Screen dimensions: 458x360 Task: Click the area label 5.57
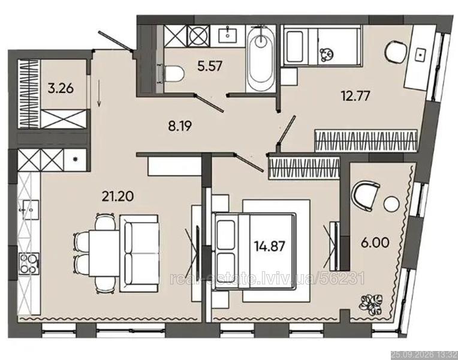pos(210,66)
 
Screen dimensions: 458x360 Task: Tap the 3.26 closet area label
pos(61,88)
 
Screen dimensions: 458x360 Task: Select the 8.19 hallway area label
pos(180,126)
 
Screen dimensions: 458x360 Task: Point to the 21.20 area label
pos(117,196)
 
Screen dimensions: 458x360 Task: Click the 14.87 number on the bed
pos(269,246)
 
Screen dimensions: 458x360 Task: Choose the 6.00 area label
pos(375,243)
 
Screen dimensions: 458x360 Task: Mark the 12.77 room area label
pos(355,95)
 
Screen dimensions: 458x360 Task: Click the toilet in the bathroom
pos(171,74)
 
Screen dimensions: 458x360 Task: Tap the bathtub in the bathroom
pos(261,59)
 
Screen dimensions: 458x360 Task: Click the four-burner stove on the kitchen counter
pos(29,263)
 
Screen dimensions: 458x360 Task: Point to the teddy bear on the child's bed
pos(327,55)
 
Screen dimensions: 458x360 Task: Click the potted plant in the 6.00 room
pos(369,305)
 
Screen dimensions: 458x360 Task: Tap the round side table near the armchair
pos(391,204)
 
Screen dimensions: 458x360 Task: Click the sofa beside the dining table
pos(139,254)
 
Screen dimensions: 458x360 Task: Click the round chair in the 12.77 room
pos(396,52)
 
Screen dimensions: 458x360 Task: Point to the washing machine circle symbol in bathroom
pos(198,36)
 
